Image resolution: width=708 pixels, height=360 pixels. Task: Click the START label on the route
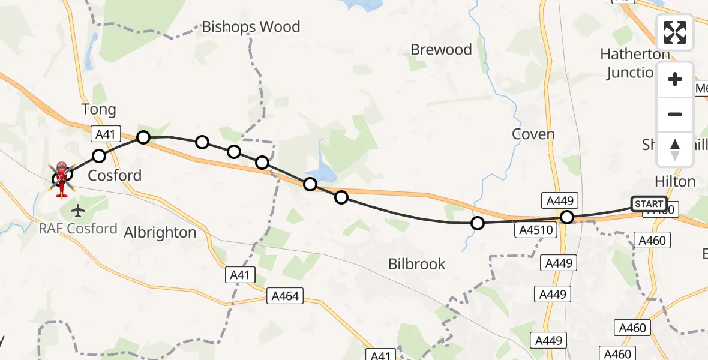[x=649, y=204]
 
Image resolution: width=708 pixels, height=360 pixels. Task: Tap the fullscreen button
[x=675, y=32]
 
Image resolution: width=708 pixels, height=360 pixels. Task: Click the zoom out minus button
[x=675, y=114]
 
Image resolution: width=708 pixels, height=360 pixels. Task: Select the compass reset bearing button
[x=675, y=149]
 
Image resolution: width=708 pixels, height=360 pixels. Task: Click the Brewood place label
[x=441, y=50]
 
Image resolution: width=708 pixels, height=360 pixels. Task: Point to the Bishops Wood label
[x=251, y=27]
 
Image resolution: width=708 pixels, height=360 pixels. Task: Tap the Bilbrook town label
[x=416, y=263]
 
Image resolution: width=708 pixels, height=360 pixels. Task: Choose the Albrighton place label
[x=160, y=233]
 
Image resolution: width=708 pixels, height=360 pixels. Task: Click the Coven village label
[x=533, y=134]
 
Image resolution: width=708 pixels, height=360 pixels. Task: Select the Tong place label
[x=98, y=110]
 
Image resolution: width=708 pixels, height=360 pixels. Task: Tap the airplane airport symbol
[x=78, y=211]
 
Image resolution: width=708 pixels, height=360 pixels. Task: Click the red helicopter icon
[x=62, y=178]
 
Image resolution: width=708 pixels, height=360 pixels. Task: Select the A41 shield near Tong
[x=98, y=133]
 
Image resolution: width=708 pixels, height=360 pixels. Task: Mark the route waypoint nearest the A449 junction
[x=566, y=217]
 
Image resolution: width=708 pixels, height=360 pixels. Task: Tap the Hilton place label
[x=675, y=182]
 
